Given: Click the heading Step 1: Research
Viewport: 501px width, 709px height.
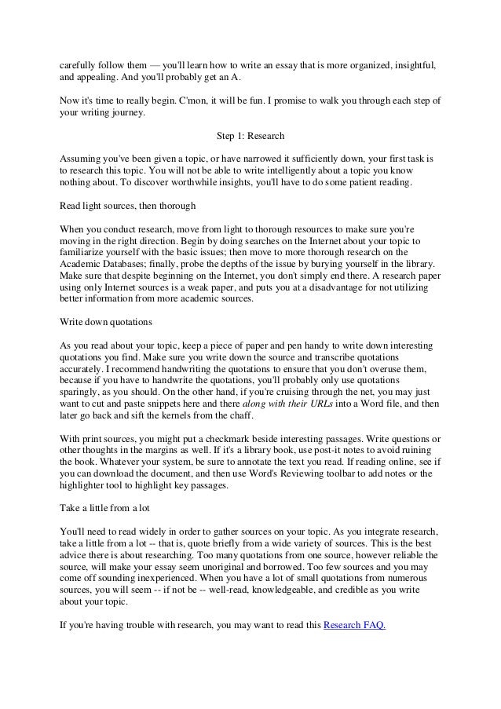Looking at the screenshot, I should pyautogui.click(x=250, y=135).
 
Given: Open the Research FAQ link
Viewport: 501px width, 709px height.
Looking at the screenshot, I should pyautogui.click(x=355, y=627).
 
